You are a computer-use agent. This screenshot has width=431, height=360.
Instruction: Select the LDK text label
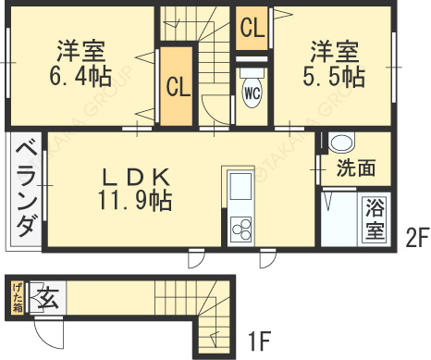pos(135,175)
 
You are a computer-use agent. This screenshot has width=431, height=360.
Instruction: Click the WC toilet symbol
pos(252,91)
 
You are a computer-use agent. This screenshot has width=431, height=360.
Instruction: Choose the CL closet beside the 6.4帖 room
pos(178,87)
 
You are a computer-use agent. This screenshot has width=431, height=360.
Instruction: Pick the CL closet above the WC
pos(252,30)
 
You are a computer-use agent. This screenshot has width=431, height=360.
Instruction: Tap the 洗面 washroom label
pos(355,168)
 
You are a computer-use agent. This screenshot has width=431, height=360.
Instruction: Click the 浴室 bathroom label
pos(375,218)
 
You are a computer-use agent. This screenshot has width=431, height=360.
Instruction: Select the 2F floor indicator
pos(416,237)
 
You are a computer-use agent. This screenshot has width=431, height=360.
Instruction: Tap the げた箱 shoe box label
pos(17,300)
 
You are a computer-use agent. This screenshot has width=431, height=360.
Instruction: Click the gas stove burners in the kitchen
pos(240,227)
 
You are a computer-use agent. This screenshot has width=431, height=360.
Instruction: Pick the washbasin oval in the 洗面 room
pos(341,143)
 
